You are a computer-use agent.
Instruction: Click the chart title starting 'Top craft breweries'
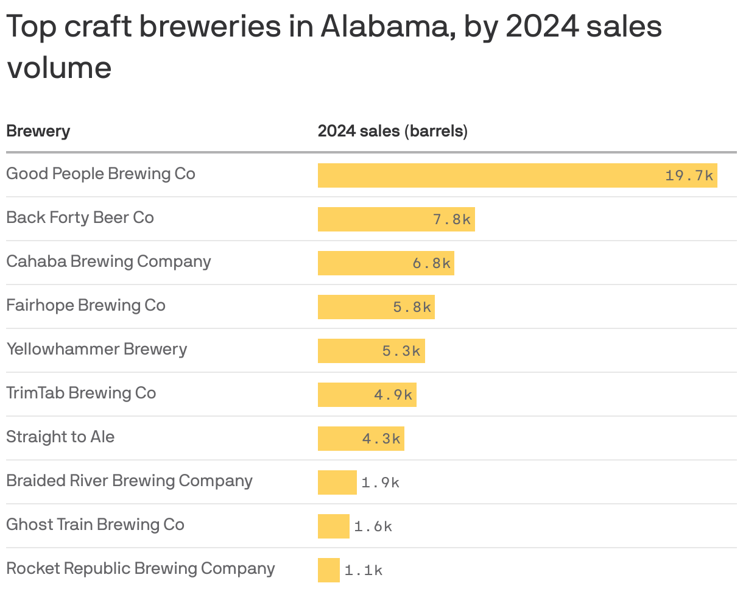click(x=334, y=47)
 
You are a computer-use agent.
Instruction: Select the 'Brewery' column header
click(x=38, y=131)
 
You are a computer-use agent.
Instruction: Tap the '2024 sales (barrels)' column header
click(x=392, y=131)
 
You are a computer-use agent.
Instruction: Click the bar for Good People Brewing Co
click(x=487, y=175)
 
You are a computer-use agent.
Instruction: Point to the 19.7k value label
click(x=689, y=176)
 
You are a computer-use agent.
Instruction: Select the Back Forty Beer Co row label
click(x=80, y=217)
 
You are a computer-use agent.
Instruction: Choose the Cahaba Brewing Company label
click(x=108, y=261)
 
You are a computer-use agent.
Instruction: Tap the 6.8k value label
click(x=431, y=264)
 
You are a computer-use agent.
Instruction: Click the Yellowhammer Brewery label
click(x=96, y=349)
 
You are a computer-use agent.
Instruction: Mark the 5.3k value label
click(x=401, y=351)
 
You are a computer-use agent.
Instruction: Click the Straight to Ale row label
click(x=60, y=437)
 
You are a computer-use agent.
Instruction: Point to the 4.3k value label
click(x=381, y=439)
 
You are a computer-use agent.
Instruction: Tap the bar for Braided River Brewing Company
click(x=337, y=482)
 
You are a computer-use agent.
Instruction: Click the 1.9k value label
click(x=380, y=483)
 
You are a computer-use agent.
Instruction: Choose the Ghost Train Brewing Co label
click(x=95, y=525)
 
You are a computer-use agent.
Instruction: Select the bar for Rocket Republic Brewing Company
click(x=328, y=570)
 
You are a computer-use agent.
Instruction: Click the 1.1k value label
click(x=364, y=571)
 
